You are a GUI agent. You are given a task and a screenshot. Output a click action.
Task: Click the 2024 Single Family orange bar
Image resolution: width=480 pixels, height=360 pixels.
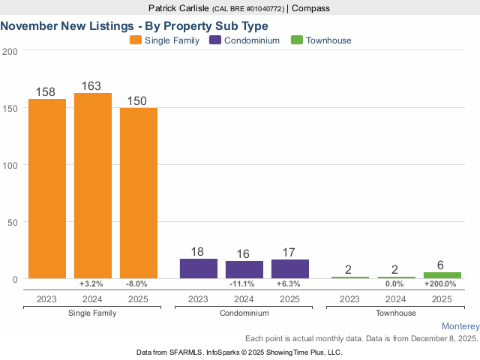click(x=93, y=185)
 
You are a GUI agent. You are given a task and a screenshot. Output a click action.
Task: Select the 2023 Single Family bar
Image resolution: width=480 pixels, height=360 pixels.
click(x=47, y=188)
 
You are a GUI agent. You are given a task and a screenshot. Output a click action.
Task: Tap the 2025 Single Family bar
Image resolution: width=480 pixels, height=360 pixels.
click(x=139, y=193)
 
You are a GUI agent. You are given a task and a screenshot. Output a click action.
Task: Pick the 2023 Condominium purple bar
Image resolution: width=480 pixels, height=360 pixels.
click(x=199, y=268)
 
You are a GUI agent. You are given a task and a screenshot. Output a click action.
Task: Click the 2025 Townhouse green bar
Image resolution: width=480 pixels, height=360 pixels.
click(x=442, y=275)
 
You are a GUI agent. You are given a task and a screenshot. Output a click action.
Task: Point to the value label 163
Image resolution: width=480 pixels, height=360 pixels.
click(x=91, y=86)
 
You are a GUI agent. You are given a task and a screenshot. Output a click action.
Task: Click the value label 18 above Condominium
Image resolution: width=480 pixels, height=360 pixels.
click(x=198, y=252)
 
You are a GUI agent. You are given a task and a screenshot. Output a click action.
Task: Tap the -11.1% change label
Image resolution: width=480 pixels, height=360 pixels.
click(x=244, y=284)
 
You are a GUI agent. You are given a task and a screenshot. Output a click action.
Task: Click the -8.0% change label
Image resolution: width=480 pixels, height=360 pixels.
click(x=139, y=284)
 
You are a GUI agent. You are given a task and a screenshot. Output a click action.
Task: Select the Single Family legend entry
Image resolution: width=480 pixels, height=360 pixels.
click(x=165, y=40)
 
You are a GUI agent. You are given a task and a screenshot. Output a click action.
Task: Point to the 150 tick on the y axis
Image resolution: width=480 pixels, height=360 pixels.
click(x=10, y=108)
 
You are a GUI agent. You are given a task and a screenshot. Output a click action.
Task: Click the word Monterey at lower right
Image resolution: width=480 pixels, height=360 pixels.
click(x=460, y=326)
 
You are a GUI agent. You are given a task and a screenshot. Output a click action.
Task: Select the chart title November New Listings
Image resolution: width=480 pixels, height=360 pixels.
click(x=134, y=25)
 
